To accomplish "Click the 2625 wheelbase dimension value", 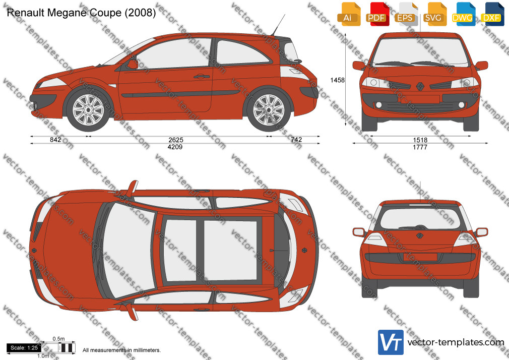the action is (x=175, y=140).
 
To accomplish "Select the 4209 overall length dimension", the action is (x=175, y=147).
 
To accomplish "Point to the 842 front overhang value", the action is (x=55, y=140).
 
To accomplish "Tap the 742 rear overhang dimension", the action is (x=296, y=139).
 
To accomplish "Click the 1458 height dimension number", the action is (x=337, y=80).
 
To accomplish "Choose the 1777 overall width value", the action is (x=420, y=147).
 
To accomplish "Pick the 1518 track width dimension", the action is (x=420, y=140).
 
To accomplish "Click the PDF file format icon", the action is (x=376, y=14).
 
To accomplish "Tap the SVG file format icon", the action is (x=434, y=14).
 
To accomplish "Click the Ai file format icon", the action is (x=348, y=14).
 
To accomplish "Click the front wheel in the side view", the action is (x=88, y=110).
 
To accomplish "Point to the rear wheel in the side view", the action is (x=269, y=110).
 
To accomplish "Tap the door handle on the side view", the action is (x=201, y=77).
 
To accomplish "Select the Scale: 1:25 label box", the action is (x=24, y=348).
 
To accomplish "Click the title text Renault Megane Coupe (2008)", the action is (x=81, y=13).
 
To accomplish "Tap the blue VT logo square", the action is (x=391, y=342).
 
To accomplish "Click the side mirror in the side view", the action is (x=132, y=64).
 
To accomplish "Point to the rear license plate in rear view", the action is (x=420, y=257).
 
